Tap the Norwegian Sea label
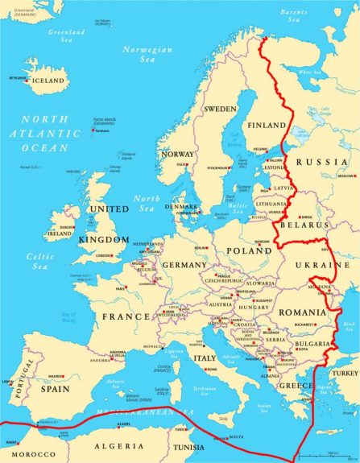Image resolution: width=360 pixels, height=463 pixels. pos(147,54)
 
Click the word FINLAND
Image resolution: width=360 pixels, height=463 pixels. pos(267,126)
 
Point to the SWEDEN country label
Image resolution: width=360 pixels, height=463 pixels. pos(219,109)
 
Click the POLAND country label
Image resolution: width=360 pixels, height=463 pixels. pos(249,250)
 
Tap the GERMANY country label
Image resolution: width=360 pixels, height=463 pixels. pos(184,265)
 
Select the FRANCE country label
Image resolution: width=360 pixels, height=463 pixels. pos(125,316)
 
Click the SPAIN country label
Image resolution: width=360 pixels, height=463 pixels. pos(56,388)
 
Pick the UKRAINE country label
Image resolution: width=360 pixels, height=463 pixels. pos(332,265)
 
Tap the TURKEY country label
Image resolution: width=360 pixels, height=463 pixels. pos(346,374)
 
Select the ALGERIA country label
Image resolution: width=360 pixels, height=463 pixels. pos(118,445)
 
